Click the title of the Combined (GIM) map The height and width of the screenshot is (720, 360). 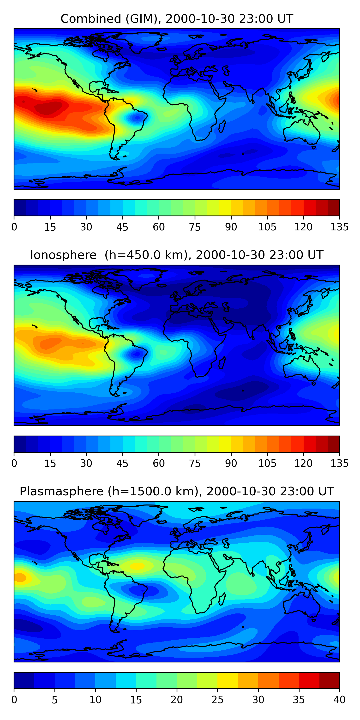[x=177, y=19]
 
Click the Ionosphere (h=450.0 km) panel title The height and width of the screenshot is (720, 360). [x=177, y=255]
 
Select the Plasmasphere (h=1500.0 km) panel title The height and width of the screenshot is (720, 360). [x=177, y=491]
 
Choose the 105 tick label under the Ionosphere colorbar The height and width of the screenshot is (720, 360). [x=267, y=463]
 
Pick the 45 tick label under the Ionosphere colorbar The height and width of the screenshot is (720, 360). [x=122, y=463]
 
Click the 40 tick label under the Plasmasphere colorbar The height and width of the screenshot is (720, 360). [x=339, y=700]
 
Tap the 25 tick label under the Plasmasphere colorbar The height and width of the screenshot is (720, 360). [x=217, y=700]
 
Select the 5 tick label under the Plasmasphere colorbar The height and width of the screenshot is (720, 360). [x=55, y=700]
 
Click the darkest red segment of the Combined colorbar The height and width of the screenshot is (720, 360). [x=333, y=208]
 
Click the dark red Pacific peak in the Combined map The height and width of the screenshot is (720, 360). [x=49, y=108]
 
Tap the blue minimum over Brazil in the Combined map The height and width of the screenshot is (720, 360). [x=137, y=118]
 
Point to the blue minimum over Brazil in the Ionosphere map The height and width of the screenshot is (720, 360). [x=137, y=354]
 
